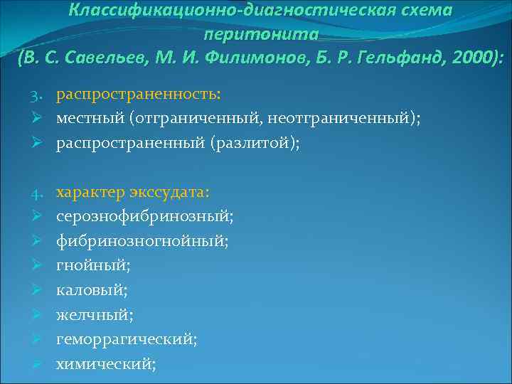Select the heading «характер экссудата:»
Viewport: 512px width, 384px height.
point(133,193)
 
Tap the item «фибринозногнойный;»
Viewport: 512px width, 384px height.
point(142,241)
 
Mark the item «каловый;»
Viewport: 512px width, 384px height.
point(92,290)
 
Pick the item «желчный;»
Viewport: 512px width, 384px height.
point(94,315)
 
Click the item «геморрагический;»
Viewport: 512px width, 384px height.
point(127,339)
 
